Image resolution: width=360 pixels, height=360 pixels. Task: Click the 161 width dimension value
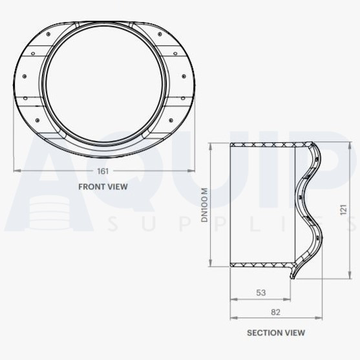[103, 171]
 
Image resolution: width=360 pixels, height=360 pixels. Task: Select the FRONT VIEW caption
[103, 187]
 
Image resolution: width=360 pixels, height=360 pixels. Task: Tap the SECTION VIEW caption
[276, 333]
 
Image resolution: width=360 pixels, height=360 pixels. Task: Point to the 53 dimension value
[260, 293]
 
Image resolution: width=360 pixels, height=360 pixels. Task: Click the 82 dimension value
[275, 312]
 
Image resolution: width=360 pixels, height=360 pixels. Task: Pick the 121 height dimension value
[344, 209]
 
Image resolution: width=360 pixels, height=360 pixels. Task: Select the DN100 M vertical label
[204, 206]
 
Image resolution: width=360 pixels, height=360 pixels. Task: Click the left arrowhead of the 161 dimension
[16, 171]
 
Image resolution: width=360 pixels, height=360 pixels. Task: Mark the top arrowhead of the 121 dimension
[337, 143]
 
